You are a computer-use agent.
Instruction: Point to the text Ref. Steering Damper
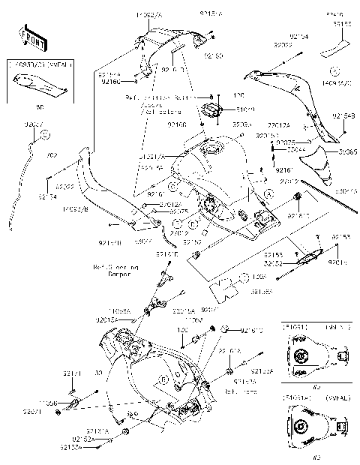tap(112, 269)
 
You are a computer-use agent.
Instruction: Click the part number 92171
tap(71, 371)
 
